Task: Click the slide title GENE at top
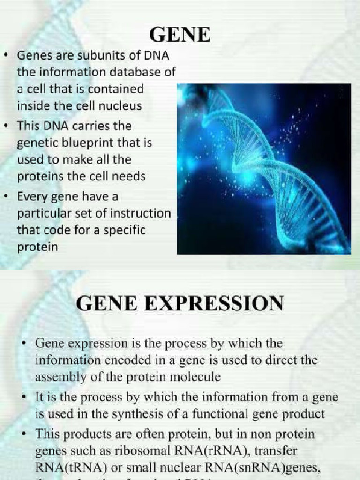[180, 35]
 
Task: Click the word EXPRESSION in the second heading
[216, 303]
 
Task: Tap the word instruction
[141, 213]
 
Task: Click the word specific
[123, 230]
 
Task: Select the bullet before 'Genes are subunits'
[6, 56]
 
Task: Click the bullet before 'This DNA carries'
[6, 127]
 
